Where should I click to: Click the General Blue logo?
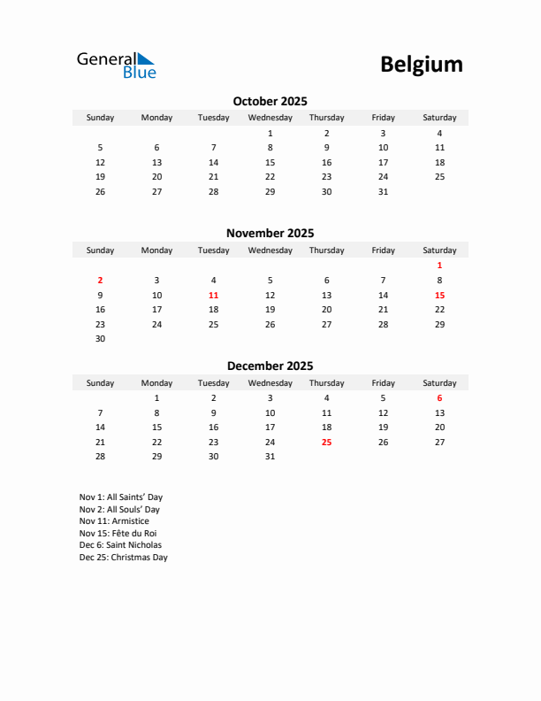(x=116, y=65)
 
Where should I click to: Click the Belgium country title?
(x=421, y=65)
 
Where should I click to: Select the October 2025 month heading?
(x=270, y=101)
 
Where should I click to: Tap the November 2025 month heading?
(x=270, y=234)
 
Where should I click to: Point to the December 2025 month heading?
(x=270, y=366)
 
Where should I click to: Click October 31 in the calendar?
(x=383, y=191)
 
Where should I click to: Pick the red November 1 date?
(x=439, y=266)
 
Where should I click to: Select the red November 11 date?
(x=213, y=295)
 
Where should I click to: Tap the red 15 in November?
(x=439, y=295)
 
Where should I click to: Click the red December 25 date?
(x=326, y=442)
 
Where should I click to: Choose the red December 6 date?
(x=439, y=398)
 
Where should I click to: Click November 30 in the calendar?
(x=100, y=338)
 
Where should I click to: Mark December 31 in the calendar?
(x=270, y=457)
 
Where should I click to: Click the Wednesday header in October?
(x=270, y=118)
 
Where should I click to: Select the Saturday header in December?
(x=439, y=383)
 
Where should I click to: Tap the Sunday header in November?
(x=100, y=250)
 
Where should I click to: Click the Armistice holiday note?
(x=114, y=521)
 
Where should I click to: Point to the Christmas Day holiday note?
(x=123, y=558)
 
